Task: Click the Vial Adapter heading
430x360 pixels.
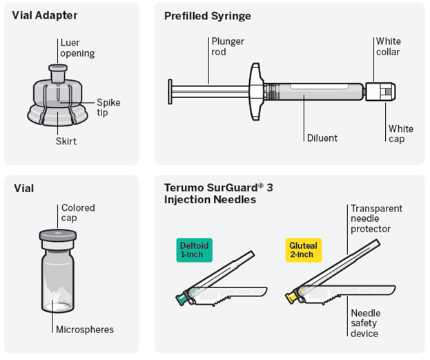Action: (x=45, y=15)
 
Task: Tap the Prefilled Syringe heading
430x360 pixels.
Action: (x=208, y=15)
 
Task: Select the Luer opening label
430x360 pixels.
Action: (x=77, y=48)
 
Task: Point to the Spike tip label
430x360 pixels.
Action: (x=108, y=108)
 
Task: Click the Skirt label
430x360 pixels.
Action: (x=67, y=142)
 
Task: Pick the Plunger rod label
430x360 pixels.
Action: (x=228, y=46)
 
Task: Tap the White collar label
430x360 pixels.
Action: (x=388, y=46)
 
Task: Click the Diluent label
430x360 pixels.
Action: (x=322, y=138)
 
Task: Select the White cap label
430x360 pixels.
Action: (x=401, y=133)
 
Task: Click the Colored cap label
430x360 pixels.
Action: (x=78, y=212)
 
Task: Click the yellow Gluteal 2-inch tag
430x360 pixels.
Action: (x=304, y=249)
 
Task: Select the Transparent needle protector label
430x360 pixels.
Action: (x=376, y=218)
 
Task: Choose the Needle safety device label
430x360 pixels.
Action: (x=366, y=323)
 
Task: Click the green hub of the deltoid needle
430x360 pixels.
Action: (x=182, y=299)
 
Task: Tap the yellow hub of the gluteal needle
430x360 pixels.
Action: (x=292, y=299)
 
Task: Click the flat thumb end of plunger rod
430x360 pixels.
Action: (x=170, y=88)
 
